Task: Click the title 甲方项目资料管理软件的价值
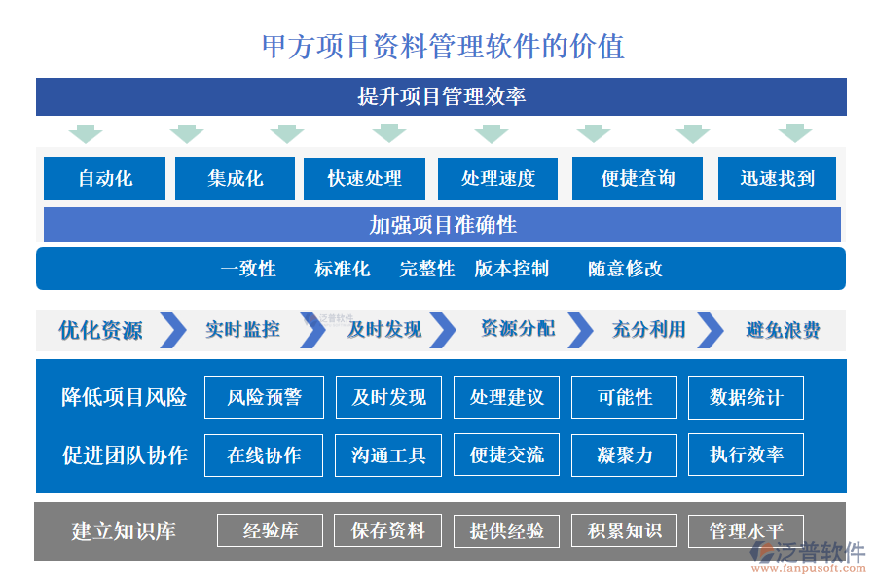[443, 46]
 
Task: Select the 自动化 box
[105, 178]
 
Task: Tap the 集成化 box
[235, 178]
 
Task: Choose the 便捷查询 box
[638, 178]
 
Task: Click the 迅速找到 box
[777, 178]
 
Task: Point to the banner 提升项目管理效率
[441, 96]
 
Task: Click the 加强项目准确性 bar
[442, 225]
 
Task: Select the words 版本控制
[512, 269]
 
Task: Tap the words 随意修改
[625, 269]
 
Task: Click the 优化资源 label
[100, 330]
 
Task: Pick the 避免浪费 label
[783, 330]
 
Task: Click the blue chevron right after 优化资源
[173, 330]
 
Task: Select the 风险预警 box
[264, 397]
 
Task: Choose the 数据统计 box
[746, 397]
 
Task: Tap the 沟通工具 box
[388, 455]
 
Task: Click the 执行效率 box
[746, 455]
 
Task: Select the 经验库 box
[270, 530]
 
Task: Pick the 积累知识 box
[624, 530]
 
